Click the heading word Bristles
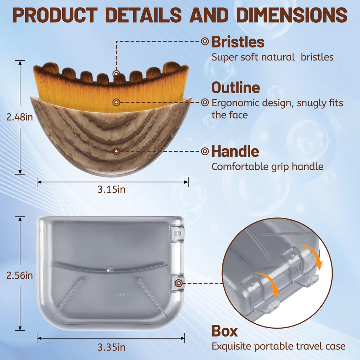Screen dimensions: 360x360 (x=238, y=42)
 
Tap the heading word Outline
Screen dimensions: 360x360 (x=235, y=87)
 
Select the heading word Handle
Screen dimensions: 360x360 (x=235, y=151)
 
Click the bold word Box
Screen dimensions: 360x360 (x=225, y=331)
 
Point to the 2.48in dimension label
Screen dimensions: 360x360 (x=19, y=117)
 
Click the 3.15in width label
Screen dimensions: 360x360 (x=111, y=189)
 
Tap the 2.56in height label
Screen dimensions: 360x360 (x=19, y=275)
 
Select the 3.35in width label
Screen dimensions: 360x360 (x=111, y=347)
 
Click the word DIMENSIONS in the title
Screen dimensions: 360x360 (x=292, y=15)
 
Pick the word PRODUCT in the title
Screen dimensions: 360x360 (x=55, y=15)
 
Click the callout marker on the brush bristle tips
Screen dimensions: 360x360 (x=116, y=74)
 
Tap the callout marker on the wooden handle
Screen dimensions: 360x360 (x=116, y=151)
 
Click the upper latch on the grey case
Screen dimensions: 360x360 (x=176, y=234)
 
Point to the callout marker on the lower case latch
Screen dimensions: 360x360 (x=179, y=283)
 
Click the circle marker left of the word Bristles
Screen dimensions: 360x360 (x=205, y=41)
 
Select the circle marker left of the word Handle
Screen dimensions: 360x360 (x=205, y=151)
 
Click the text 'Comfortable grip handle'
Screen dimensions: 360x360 (x=267, y=167)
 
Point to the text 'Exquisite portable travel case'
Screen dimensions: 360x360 (x=279, y=346)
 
